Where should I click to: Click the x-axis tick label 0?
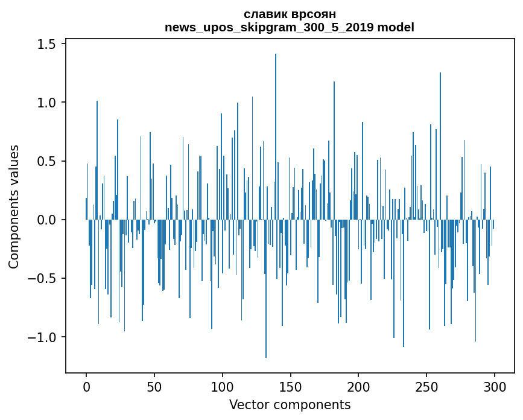[86, 387]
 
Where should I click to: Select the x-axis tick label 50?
[154, 387]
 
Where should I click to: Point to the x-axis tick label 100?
[223, 387]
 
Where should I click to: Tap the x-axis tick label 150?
[291, 387]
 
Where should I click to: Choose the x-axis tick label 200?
[359, 387]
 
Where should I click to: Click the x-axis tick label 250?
[427, 387]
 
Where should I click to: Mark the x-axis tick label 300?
[495, 387]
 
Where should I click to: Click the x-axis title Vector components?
[290, 405]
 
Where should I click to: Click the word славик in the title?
[264, 14]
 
